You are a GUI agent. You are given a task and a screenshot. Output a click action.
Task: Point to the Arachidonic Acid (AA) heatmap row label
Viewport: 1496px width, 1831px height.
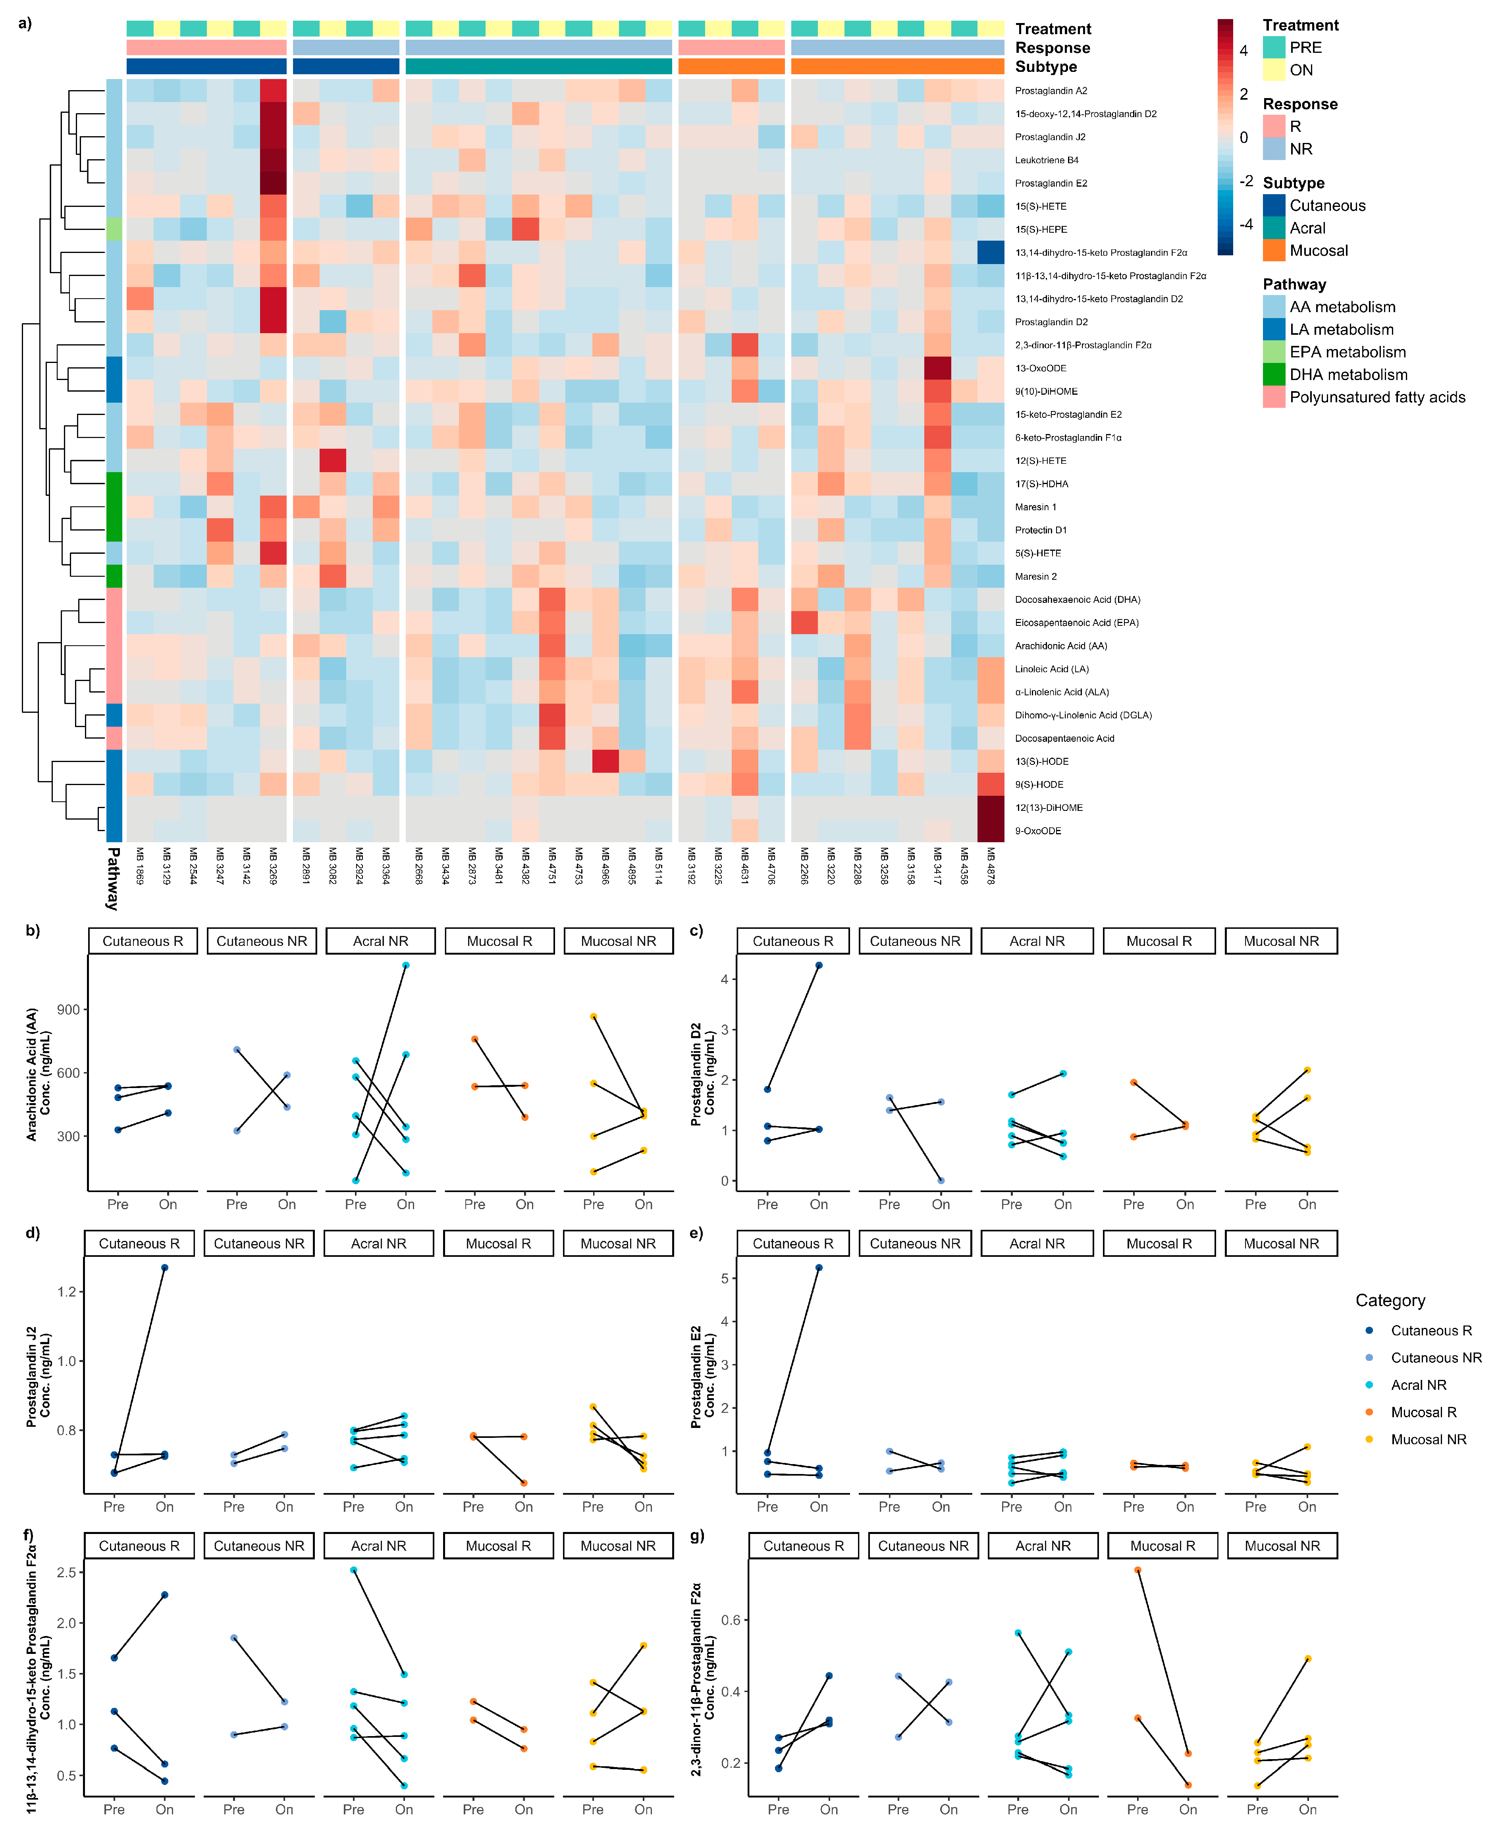point(1061,645)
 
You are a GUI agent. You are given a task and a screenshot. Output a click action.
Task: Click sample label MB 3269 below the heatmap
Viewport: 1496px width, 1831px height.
point(273,866)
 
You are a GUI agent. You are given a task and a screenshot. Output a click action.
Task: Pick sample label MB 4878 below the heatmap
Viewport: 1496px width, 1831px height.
point(991,866)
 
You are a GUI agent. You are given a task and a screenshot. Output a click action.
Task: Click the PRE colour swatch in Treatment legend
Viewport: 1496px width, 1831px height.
point(1274,47)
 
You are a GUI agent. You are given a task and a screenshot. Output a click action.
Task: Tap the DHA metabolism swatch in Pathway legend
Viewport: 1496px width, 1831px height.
point(1274,375)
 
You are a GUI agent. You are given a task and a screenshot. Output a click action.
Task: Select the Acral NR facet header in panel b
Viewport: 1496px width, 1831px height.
point(380,941)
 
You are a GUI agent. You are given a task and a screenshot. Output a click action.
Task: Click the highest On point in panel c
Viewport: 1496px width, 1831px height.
point(819,965)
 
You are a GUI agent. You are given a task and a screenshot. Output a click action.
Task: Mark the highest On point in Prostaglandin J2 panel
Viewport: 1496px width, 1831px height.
point(165,1268)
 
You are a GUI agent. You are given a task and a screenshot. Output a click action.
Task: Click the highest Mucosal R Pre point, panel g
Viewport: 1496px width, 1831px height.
point(1137,1570)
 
